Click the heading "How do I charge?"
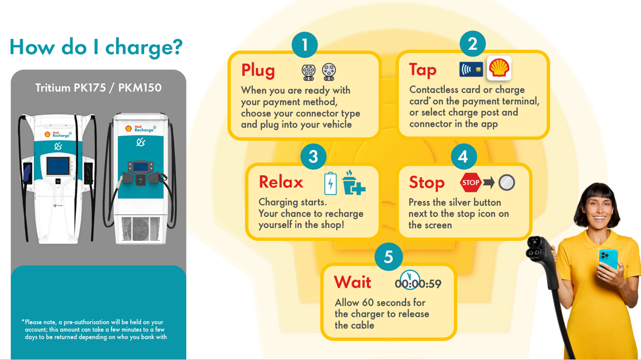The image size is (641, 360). click(96, 47)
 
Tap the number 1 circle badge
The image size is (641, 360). click(304, 45)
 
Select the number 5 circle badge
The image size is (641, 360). click(388, 257)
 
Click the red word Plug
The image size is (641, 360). click(258, 71)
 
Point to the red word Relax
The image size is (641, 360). click(281, 182)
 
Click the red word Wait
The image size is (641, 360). click(352, 282)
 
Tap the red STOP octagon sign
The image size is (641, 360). click(470, 182)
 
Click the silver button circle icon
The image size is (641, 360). click(507, 182)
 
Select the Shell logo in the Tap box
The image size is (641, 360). click(499, 68)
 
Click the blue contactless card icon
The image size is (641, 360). click(471, 69)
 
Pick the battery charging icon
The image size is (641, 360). click(330, 183)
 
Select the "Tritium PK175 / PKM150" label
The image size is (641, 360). click(98, 88)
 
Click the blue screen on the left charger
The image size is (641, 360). click(58, 166)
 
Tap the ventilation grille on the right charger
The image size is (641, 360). click(141, 228)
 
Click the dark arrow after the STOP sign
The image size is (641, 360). click(489, 182)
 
